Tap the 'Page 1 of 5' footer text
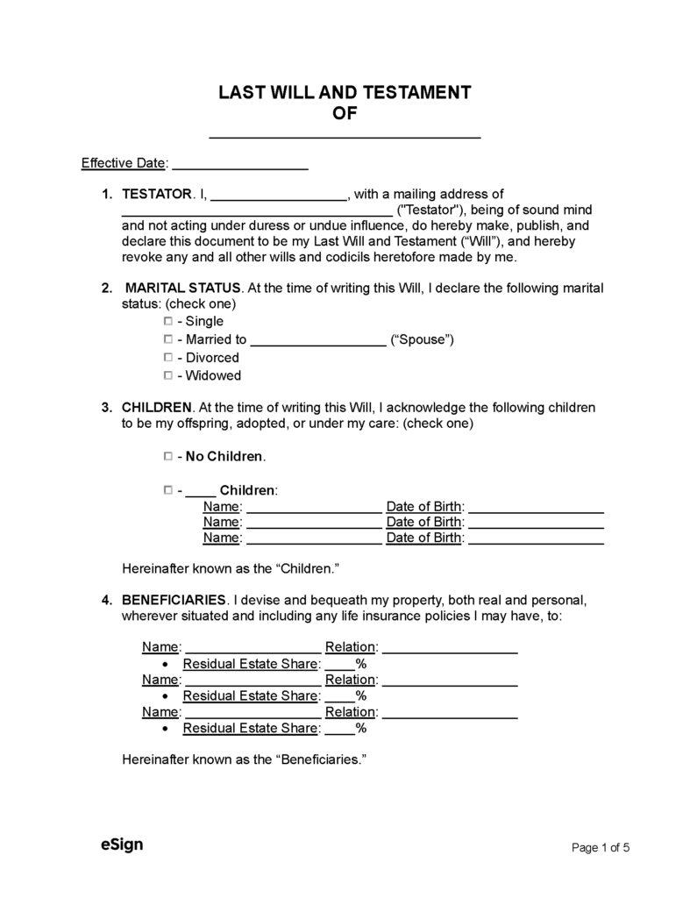[x=601, y=847]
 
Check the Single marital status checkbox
[x=167, y=321]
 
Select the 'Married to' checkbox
[x=167, y=339]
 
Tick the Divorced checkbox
[x=167, y=357]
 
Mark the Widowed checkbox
[x=167, y=375]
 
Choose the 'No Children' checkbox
[x=167, y=457]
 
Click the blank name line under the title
[x=345, y=135]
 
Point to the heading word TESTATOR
[x=156, y=194]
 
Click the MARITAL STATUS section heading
[x=183, y=288]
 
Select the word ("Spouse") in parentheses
[x=422, y=339]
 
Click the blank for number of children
[x=201, y=492]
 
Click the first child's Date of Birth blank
[x=537, y=509]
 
